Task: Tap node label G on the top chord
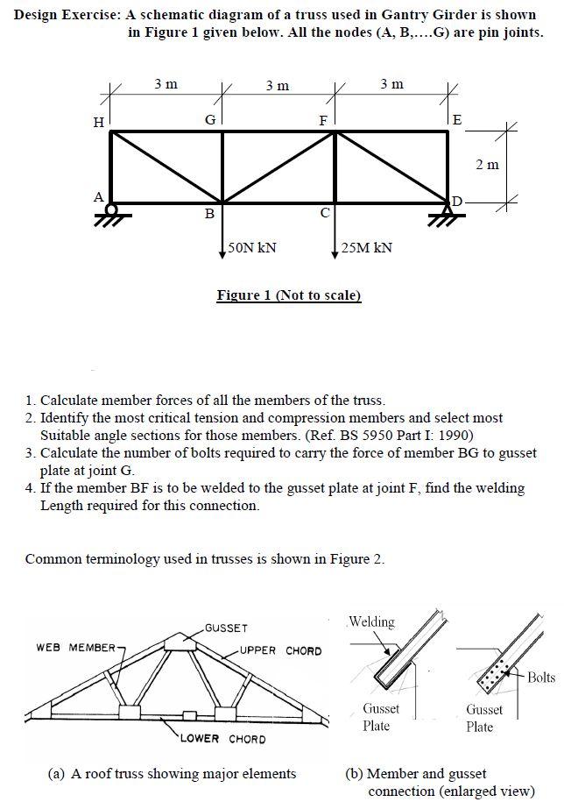coord(209,120)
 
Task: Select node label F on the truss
coord(323,120)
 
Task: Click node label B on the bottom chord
coord(209,213)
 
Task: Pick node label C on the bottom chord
coord(325,213)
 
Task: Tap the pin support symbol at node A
coord(111,213)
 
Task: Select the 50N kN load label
coord(252,248)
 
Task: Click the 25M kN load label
coord(367,248)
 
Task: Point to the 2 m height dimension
coord(488,165)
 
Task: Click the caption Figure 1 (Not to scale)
coord(288,295)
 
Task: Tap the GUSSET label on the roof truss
coord(226,628)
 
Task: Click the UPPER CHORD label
coord(281,651)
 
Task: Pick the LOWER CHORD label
coord(224,739)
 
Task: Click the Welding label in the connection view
coord(371,622)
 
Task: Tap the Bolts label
coord(541,678)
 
